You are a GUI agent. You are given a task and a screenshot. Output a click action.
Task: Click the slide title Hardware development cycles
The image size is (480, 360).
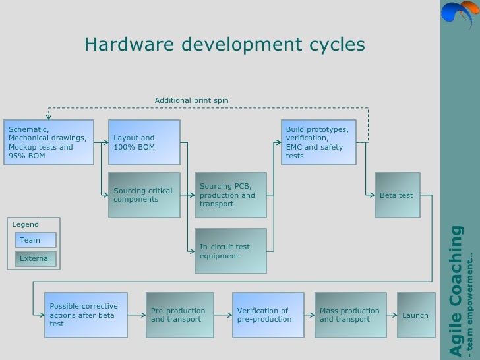point(224,45)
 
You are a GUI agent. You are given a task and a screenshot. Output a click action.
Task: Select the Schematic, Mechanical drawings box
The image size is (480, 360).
point(48,142)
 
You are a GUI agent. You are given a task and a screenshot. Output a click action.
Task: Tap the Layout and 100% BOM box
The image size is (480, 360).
point(144,142)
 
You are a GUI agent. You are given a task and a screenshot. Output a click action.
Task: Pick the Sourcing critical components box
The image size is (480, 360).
point(144,195)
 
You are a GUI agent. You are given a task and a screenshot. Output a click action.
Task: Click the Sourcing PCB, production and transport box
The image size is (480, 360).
point(230,195)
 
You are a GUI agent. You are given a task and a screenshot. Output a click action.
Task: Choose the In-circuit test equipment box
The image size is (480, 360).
point(230,251)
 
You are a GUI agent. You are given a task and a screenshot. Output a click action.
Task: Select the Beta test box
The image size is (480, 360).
point(397,195)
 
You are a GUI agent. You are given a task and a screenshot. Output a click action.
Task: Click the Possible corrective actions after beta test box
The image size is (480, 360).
point(86,315)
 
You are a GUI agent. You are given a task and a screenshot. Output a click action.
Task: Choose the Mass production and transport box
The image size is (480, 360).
point(350,315)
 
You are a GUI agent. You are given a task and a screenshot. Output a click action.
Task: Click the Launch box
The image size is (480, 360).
point(415,315)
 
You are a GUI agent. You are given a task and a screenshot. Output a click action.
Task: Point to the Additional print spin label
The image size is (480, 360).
point(191,100)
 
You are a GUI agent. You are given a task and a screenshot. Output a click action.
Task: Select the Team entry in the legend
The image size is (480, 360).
point(36,240)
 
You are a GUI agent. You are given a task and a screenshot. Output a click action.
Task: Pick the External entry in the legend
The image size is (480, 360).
point(36,258)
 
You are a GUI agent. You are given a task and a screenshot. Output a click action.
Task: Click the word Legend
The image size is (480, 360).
point(26,224)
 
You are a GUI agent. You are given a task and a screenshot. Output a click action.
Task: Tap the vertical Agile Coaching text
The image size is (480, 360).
point(456,290)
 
